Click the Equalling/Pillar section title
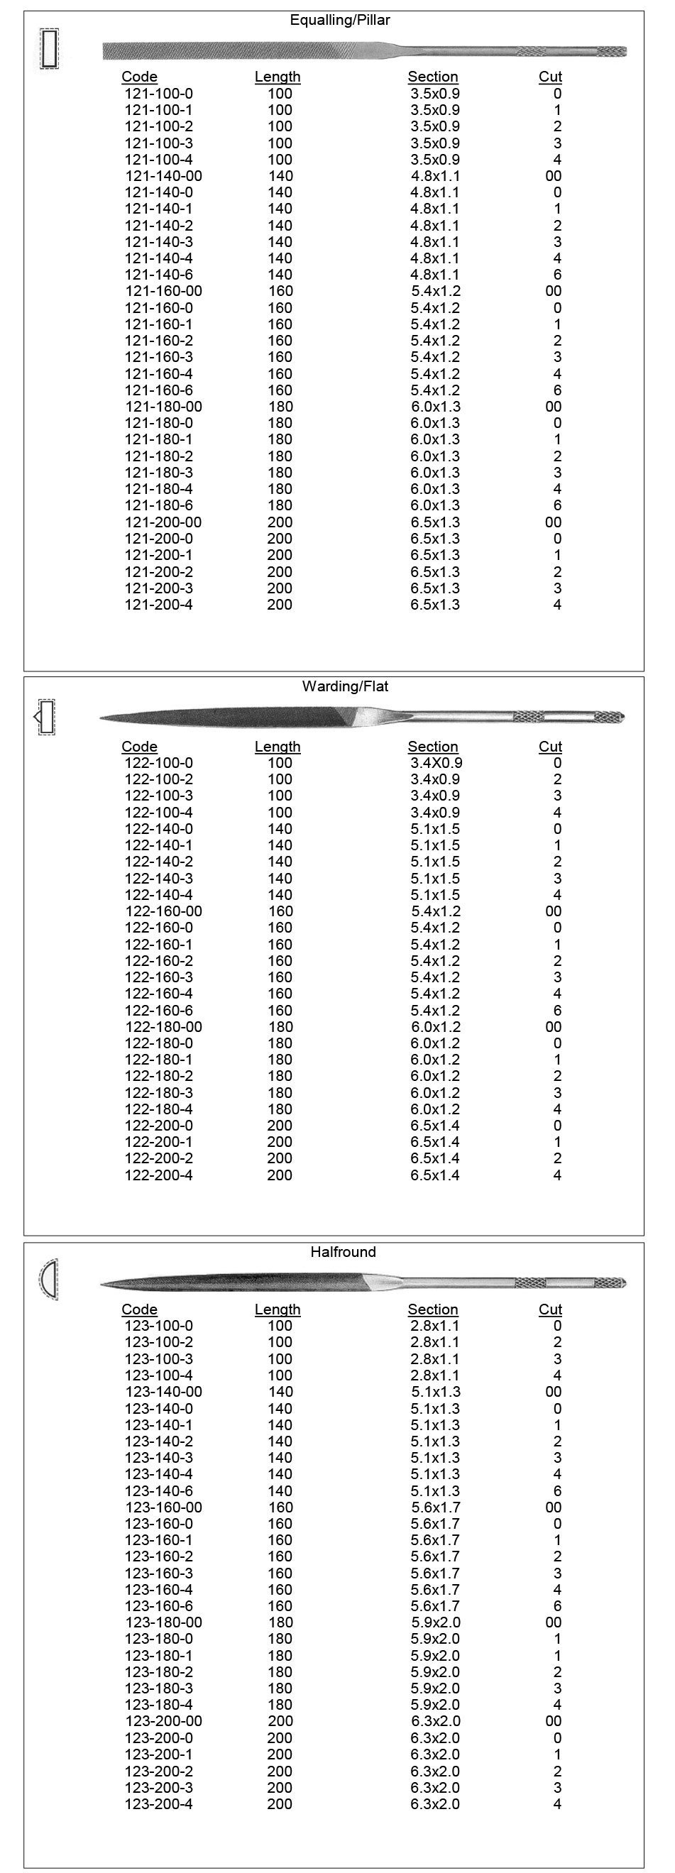tap(340, 21)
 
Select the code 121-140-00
tap(164, 176)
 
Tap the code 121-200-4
tap(158, 605)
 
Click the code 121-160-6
tap(158, 390)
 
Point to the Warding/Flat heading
tap(345, 686)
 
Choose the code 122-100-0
tap(158, 763)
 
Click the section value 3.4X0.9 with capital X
tap(436, 763)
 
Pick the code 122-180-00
tap(164, 1027)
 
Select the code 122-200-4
tap(158, 1175)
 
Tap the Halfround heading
tap(343, 1252)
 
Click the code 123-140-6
tap(158, 1490)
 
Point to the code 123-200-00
tap(164, 1721)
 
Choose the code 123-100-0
tap(158, 1326)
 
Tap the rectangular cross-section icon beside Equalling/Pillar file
tap(50, 49)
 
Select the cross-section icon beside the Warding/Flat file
tap(45, 717)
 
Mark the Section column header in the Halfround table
tap(433, 1309)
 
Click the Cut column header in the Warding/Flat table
tap(550, 747)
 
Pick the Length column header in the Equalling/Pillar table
tap(277, 77)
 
